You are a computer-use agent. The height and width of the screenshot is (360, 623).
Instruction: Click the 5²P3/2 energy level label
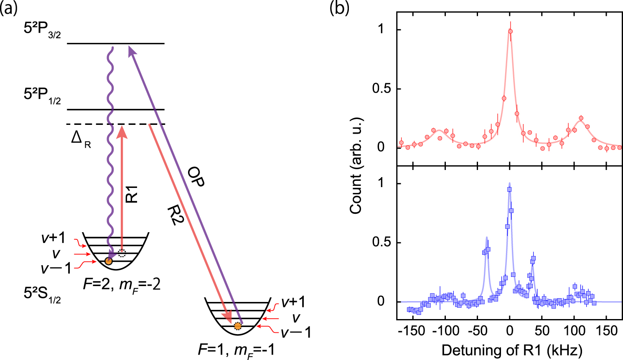click(x=42, y=30)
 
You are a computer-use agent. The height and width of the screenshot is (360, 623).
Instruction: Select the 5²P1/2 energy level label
click(x=42, y=96)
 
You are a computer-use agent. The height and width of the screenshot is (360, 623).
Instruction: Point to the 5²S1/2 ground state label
click(x=42, y=295)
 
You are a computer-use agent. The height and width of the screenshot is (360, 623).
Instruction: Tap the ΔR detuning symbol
click(x=81, y=139)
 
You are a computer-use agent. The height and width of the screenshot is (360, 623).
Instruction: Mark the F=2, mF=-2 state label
click(x=121, y=285)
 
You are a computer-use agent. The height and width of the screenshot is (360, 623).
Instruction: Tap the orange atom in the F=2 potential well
click(x=108, y=261)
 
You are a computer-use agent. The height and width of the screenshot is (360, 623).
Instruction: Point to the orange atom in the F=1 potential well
click(x=237, y=326)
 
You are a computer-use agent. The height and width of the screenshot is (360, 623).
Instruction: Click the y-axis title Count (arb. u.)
click(x=356, y=166)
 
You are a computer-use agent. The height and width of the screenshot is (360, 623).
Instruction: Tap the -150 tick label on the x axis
click(x=412, y=331)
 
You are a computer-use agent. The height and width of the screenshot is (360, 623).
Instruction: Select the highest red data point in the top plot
click(x=510, y=31)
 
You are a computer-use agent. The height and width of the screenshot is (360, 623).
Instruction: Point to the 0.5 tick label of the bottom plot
click(x=383, y=243)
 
